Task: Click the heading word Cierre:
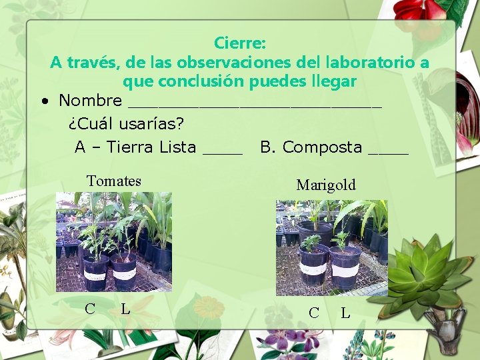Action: pyautogui.click(x=240, y=43)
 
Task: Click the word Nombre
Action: pyautogui.click(x=90, y=101)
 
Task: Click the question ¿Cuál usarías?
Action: pyautogui.click(x=126, y=124)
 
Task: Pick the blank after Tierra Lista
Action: pyautogui.click(x=223, y=151)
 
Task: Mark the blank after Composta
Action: pyautogui.click(x=388, y=151)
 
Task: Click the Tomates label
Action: pyautogui.click(x=114, y=181)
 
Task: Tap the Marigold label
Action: pyautogui.click(x=326, y=185)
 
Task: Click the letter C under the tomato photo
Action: pyautogui.click(x=90, y=309)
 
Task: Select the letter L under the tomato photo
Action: pyautogui.click(x=125, y=309)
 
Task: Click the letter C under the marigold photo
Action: pyautogui.click(x=314, y=313)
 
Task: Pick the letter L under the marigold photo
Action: pyautogui.click(x=345, y=313)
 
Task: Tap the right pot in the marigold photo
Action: pyautogui.click(x=345, y=267)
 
